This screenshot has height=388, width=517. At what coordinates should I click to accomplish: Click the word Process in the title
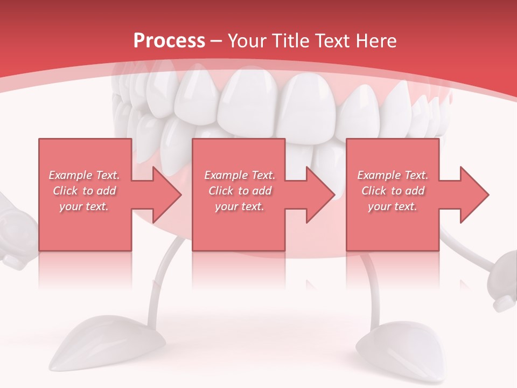(169, 41)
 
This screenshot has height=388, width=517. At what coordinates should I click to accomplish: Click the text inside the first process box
(85, 191)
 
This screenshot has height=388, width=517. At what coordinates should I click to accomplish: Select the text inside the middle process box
(240, 191)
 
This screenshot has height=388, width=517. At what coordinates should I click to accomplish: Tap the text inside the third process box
(393, 191)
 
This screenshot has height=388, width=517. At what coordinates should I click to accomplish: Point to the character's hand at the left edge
(13, 232)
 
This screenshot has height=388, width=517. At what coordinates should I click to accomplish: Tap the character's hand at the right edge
(504, 280)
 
